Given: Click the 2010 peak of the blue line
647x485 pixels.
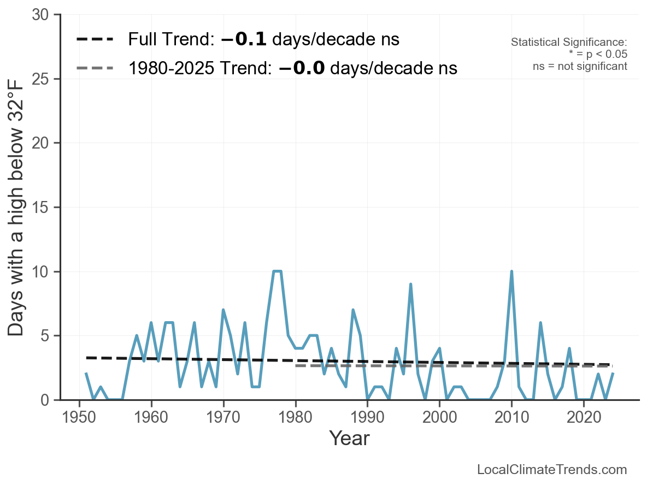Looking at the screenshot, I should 511,271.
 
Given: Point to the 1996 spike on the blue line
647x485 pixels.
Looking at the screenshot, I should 410,284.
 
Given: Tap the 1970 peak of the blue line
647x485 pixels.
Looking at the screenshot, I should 223,310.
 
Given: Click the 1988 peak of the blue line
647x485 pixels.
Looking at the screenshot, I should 353,310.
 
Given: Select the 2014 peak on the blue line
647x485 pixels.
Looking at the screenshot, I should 540,323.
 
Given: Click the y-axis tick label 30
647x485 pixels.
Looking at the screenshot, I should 43,15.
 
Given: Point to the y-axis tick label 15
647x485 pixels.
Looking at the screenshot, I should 43,208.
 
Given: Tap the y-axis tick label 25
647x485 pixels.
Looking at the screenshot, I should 43,79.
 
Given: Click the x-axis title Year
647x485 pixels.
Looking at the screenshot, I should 349,438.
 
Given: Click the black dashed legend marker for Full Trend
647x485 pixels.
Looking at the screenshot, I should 95,39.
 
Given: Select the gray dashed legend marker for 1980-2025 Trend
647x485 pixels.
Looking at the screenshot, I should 95,68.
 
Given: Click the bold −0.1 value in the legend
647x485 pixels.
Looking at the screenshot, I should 244,39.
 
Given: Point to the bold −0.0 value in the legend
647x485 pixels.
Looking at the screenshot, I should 302,68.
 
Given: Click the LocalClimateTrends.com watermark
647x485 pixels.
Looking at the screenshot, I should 552,470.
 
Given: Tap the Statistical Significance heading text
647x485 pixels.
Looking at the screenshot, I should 569,43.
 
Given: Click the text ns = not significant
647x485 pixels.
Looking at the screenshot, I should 580,66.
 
